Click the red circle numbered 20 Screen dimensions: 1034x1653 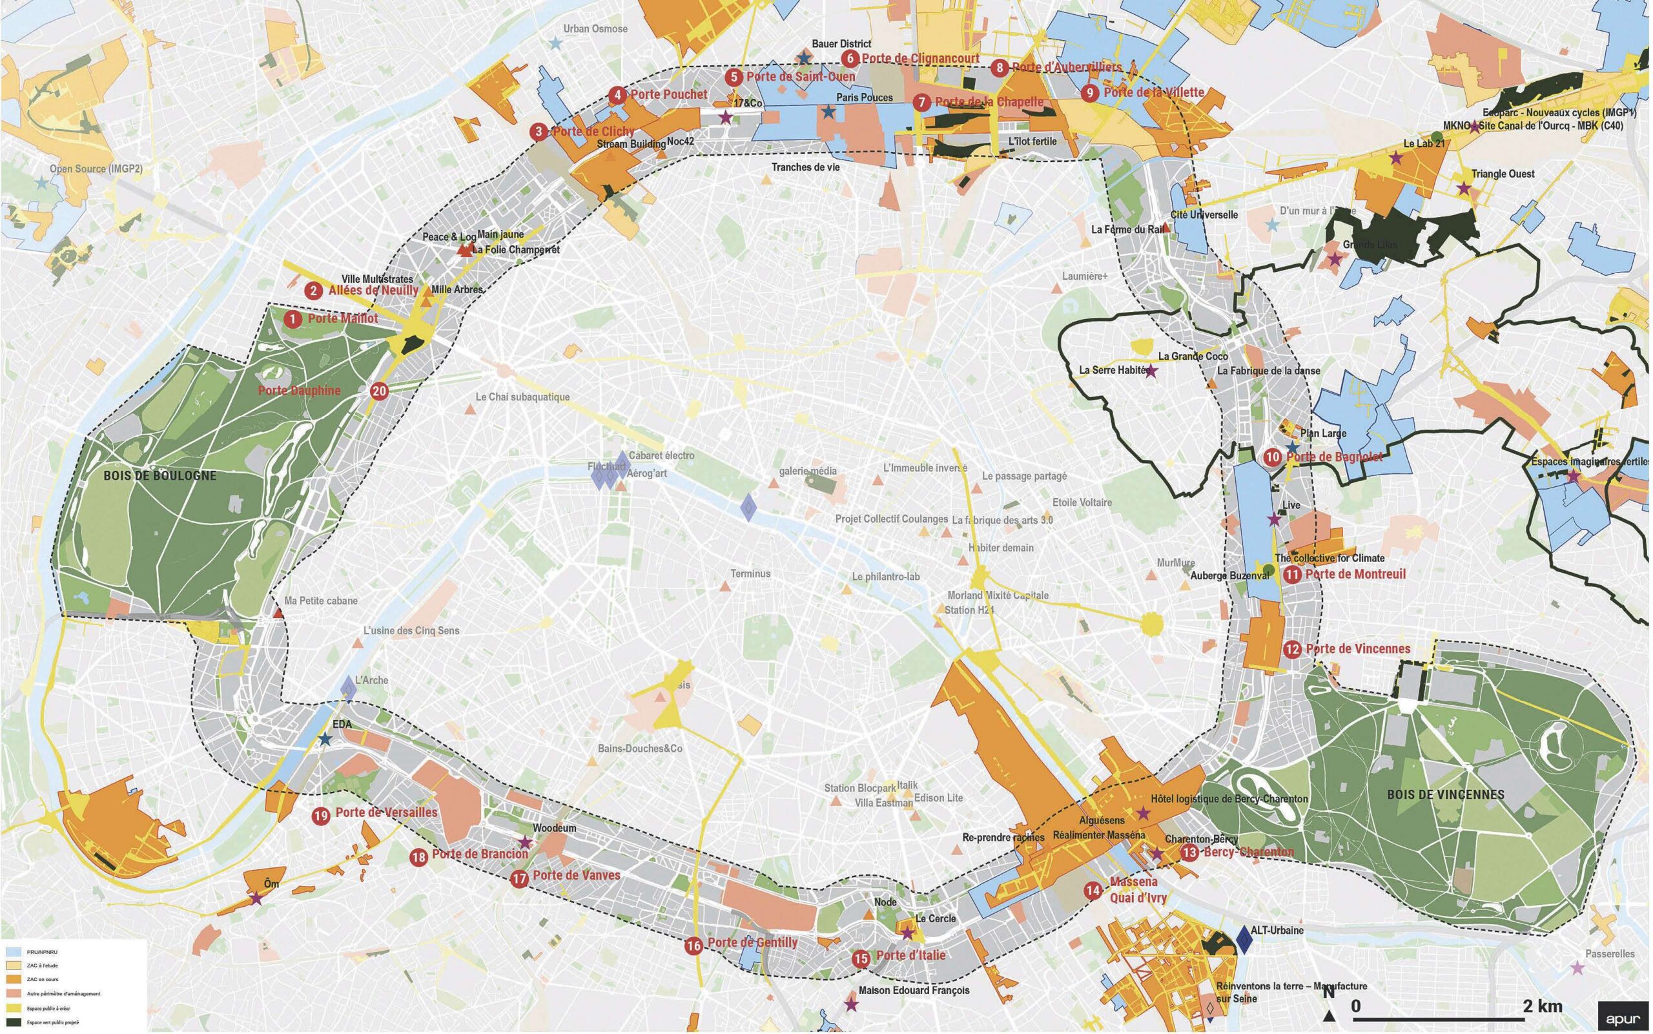coord(380,391)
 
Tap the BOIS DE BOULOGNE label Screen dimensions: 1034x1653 coord(160,476)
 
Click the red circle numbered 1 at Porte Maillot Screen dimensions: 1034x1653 coord(293,318)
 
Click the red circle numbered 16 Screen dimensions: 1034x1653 coord(694,946)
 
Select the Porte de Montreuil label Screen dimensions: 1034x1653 coord(1355,574)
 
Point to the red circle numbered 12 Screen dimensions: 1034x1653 coord(1292,649)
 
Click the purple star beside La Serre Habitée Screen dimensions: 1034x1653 coord(1151,372)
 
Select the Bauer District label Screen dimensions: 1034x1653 coord(841,45)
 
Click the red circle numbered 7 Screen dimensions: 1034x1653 coord(921,103)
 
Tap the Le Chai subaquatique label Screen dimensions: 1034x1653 coord(522,397)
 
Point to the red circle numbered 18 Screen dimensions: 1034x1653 coord(419,857)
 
